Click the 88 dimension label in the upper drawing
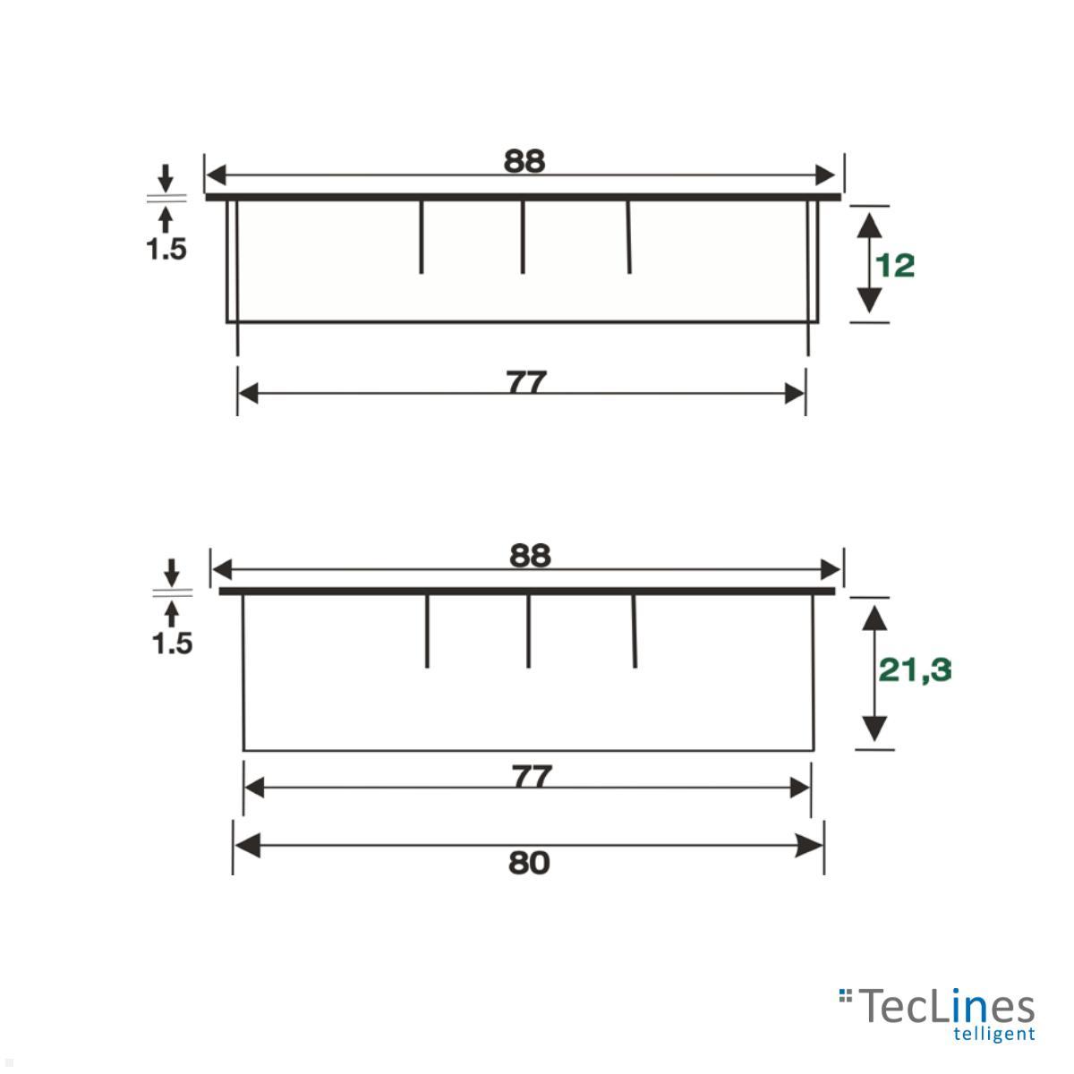(x=524, y=161)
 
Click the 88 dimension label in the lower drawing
(x=530, y=556)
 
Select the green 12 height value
(x=895, y=266)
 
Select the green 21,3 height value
(x=915, y=669)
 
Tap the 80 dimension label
(x=529, y=864)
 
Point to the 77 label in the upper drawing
(x=526, y=383)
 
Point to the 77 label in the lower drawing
(x=532, y=777)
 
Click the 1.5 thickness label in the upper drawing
(x=166, y=249)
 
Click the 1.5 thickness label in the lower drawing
(x=172, y=643)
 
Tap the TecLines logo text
(x=947, y=1008)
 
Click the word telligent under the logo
(x=994, y=1035)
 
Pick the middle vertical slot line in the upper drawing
(x=523, y=237)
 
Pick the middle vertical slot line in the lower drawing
(x=528, y=631)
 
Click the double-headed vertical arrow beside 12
(x=866, y=263)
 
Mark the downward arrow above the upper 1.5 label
(x=166, y=177)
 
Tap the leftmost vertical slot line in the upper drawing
(x=422, y=237)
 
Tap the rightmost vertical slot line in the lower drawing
(x=635, y=631)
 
